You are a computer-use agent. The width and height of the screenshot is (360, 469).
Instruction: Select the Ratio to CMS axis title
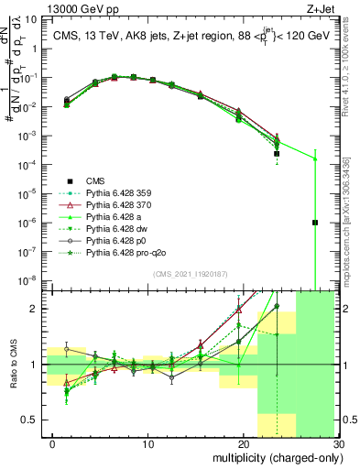pyautogui.click(x=13, y=365)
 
